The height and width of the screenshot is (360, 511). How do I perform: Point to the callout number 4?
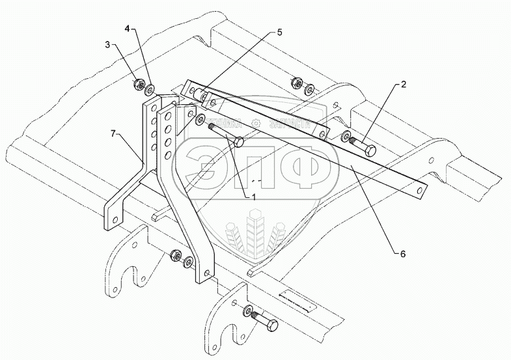(128, 28)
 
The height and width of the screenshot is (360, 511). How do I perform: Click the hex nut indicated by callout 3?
(138, 85)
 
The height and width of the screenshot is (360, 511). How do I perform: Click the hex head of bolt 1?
(239, 141)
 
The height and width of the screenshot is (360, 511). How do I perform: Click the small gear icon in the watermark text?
(260, 124)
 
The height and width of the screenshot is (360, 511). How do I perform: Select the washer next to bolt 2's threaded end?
(344, 137)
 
